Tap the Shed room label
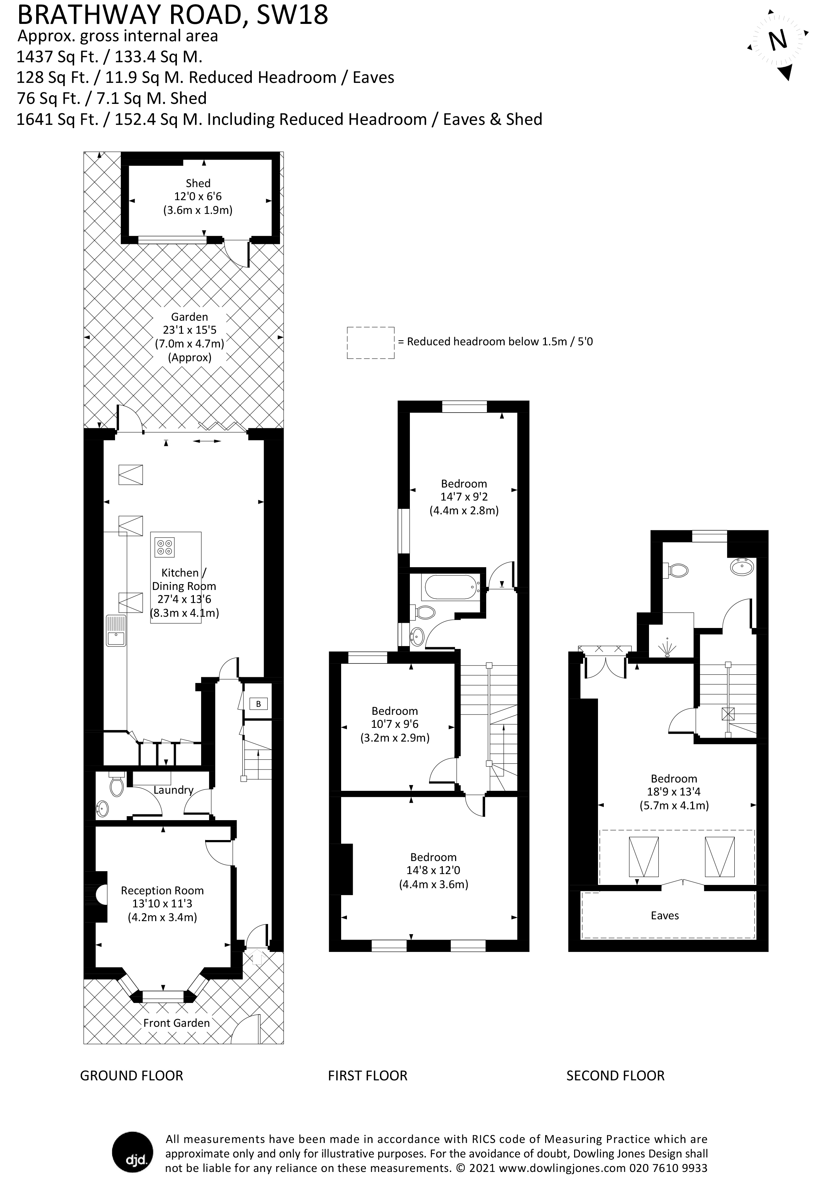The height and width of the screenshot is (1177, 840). pyautogui.click(x=198, y=183)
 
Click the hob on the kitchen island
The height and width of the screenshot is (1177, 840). pyautogui.click(x=165, y=547)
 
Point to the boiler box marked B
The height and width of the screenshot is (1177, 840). pyautogui.click(x=258, y=704)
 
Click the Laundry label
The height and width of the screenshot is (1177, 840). pyautogui.click(x=173, y=790)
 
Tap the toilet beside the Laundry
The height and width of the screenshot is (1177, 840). pyautogui.click(x=116, y=785)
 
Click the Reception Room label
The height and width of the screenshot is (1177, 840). pyautogui.click(x=162, y=890)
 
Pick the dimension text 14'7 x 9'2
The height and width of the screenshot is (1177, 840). pyautogui.click(x=464, y=497)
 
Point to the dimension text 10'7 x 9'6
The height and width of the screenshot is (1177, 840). pyautogui.click(x=395, y=724)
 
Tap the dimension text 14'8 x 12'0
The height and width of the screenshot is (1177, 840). pyautogui.click(x=433, y=870)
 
